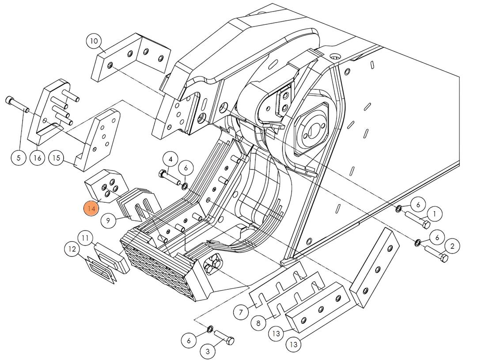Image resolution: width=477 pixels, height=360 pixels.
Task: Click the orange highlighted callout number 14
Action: [91, 208]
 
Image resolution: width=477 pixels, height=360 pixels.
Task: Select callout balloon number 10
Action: [94, 42]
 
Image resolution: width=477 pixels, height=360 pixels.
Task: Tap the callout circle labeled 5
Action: [19, 157]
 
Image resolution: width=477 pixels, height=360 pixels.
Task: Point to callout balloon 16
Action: [38, 157]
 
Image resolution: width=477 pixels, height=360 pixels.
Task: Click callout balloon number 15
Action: [56, 158]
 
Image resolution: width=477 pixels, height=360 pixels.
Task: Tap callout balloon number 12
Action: [72, 250]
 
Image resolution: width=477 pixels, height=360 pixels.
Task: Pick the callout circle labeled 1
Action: [435, 214]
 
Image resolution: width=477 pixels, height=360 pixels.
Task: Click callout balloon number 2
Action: [452, 246]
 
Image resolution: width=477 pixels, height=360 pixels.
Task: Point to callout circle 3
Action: [208, 352]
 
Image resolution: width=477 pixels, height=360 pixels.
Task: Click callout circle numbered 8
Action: [258, 323]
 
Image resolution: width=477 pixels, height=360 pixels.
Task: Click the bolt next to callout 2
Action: [436, 254]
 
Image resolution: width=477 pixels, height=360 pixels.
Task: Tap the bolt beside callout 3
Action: [224, 338]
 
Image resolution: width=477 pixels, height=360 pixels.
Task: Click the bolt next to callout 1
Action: [417, 220]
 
